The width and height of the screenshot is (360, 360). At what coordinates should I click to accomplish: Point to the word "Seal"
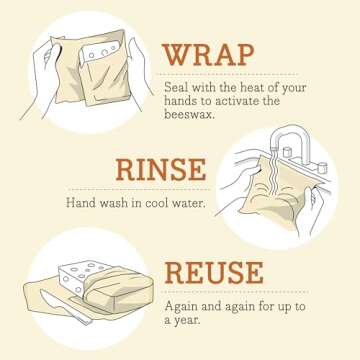coord(177,87)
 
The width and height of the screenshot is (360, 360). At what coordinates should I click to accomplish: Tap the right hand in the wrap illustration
coord(132,75)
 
